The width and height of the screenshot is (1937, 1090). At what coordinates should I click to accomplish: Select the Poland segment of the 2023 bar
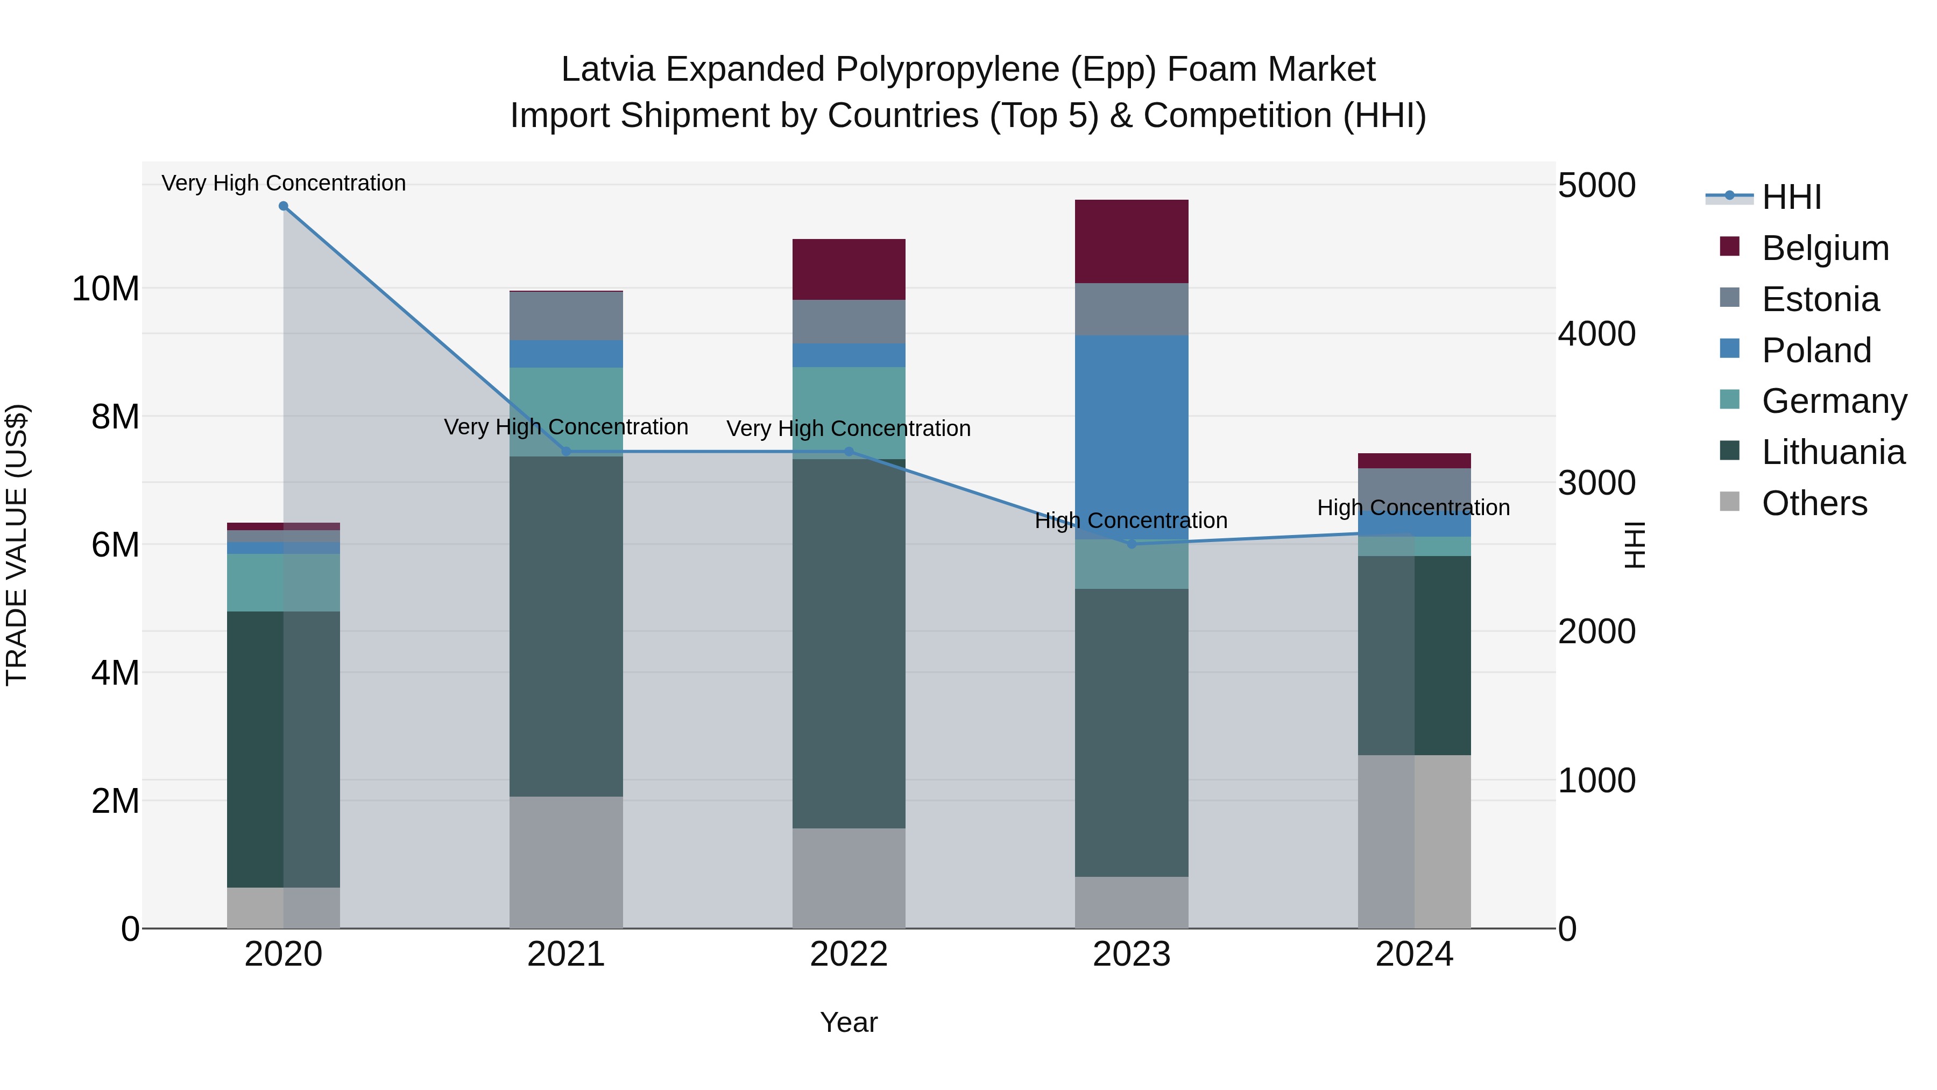[1131, 437]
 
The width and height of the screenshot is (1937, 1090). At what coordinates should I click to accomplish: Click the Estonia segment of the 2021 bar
[565, 316]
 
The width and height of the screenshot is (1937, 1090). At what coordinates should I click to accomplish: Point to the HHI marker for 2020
[284, 206]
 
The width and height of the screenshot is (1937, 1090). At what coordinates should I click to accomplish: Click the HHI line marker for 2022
[849, 452]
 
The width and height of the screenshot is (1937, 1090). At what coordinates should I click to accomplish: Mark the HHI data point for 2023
[1132, 544]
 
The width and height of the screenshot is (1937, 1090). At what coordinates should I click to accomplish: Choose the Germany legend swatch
[1729, 400]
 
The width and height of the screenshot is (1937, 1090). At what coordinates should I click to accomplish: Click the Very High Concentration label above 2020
[284, 183]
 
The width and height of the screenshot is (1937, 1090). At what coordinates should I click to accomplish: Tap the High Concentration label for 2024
[1413, 508]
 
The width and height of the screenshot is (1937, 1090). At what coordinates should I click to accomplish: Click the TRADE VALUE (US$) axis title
[17, 545]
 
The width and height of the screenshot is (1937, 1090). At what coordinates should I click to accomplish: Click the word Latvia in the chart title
[607, 69]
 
